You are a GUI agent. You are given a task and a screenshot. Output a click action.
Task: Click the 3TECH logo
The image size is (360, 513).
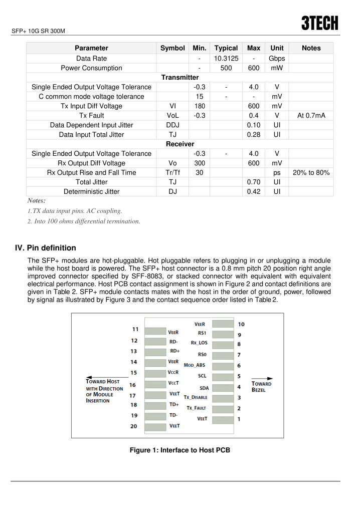tap(320, 23)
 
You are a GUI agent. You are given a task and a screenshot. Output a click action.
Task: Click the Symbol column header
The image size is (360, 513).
tap(172, 48)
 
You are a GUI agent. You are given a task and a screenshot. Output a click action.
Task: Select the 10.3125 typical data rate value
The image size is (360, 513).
tap(226, 58)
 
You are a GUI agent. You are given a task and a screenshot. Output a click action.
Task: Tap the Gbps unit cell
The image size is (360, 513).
tap(277, 58)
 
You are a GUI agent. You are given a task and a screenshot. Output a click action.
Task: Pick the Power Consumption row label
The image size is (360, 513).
tap(91, 68)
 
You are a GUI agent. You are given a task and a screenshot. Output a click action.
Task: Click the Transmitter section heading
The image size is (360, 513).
tap(180, 77)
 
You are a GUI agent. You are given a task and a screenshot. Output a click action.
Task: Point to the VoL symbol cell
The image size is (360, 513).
tap(172, 115)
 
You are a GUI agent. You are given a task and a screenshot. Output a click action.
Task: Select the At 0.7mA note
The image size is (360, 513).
tap(311, 115)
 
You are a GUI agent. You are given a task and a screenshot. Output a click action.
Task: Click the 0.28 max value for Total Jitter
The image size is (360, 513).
tap(254, 134)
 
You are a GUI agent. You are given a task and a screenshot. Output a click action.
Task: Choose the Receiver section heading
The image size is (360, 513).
tap(180, 144)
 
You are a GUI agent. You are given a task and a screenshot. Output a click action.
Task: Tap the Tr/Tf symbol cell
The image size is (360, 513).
tap(172, 172)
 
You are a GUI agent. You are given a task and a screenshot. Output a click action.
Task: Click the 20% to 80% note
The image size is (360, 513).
tap(311, 172)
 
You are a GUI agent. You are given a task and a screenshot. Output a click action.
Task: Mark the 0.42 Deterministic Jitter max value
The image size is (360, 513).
tap(254, 191)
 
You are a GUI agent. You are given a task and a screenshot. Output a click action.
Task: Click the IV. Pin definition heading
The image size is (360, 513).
tap(46, 247)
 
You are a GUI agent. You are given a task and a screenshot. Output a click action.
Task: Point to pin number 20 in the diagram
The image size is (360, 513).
tap(134, 426)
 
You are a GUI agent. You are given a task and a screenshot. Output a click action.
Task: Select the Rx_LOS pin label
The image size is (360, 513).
tap(199, 343)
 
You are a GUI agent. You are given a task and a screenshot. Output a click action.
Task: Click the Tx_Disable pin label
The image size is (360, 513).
tap(196, 397)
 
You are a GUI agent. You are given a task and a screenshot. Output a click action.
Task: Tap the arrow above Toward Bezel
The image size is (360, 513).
tap(262, 379)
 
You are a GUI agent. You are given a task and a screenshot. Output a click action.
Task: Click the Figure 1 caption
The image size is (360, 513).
tap(180, 450)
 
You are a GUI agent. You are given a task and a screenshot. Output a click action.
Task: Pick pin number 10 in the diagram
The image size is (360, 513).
tap(241, 324)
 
